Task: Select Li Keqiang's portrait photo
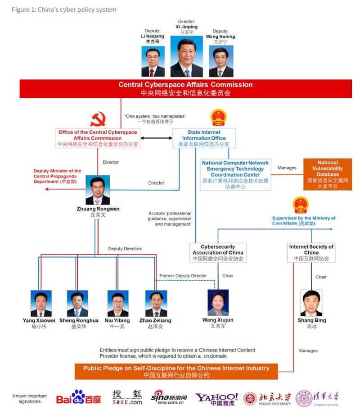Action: point(153,62)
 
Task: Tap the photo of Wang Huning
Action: point(221,62)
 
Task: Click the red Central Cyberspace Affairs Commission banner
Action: point(185,89)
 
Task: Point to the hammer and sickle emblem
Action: point(98,119)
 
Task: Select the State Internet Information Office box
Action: point(203,138)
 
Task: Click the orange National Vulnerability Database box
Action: point(327,174)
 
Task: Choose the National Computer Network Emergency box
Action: point(235,174)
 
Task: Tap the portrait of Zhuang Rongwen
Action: point(98,191)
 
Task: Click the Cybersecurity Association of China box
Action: point(217,253)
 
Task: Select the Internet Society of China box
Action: point(311,253)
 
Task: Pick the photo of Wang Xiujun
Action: point(218,303)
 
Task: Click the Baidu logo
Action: point(79,397)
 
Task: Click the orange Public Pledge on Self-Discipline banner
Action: point(176,371)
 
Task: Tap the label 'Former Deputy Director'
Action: point(183,276)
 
